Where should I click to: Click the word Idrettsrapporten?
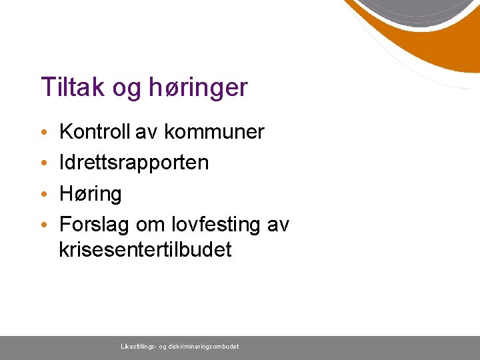(134, 163)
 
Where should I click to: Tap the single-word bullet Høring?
(91, 194)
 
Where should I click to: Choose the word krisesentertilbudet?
(145, 250)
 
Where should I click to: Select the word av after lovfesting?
(277, 225)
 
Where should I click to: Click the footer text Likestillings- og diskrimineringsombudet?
(180, 347)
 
